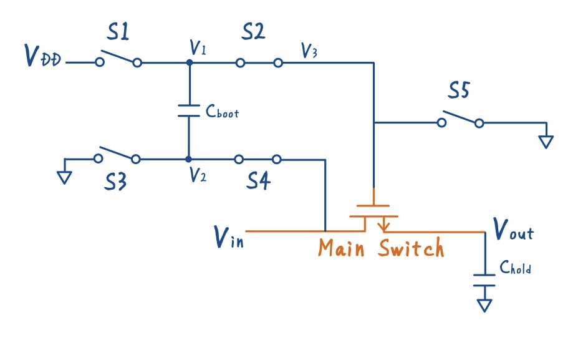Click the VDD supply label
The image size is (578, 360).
coord(43,56)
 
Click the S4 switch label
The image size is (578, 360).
coord(258,182)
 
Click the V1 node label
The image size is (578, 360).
coord(198,48)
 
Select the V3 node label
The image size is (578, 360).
coord(309,51)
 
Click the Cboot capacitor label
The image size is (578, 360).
coord(222,113)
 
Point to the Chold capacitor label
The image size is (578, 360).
coord(516,268)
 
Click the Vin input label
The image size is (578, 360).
coord(228,236)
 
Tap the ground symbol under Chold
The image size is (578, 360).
coord(484,305)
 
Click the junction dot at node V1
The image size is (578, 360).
coord(189,62)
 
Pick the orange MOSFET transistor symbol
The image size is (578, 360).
coord(373,215)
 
